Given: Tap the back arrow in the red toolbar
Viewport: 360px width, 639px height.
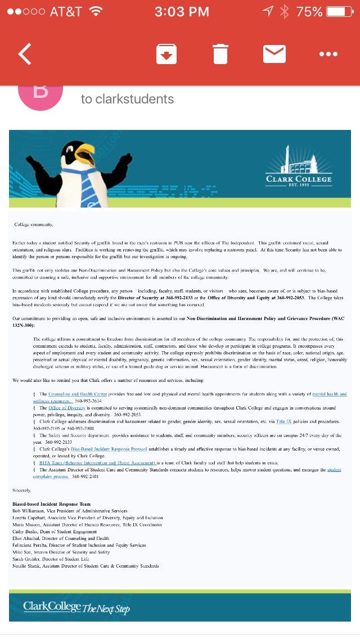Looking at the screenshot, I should (x=25, y=54).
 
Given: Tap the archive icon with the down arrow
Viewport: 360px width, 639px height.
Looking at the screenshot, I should (x=166, y=54).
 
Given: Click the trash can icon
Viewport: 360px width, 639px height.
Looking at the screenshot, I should (x=220, y=54).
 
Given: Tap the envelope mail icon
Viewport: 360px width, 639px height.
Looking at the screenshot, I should (x=274, y=54).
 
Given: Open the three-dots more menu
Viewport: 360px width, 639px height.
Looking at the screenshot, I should (x=328, y=54).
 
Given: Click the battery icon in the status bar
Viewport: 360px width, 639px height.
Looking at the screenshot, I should (x=339, y=11).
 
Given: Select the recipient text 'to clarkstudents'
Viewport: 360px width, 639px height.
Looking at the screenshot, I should (x=127, y=99).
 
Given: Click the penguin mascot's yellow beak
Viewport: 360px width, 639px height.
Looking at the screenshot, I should (x=86, y=153).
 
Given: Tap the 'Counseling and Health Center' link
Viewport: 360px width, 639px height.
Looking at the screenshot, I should (x=77, y=394).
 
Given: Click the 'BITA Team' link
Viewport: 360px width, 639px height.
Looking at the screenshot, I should (x=97, y=463).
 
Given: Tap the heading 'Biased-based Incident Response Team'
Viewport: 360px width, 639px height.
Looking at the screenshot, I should (x=52, y=503).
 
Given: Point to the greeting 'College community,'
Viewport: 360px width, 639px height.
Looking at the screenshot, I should (x=33, y=224).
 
